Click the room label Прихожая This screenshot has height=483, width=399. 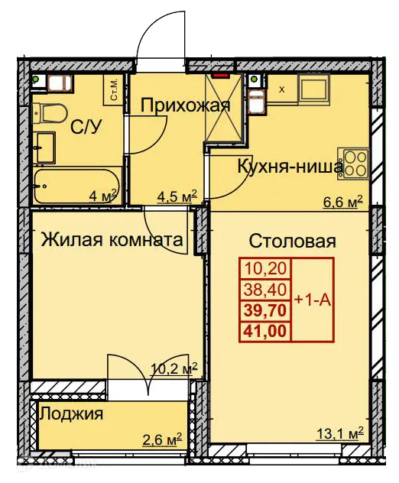tap(185, 105)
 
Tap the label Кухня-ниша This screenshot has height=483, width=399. tap(289, 166)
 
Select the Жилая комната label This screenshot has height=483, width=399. tap(112, 240)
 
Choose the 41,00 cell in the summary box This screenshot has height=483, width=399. tap(262, 330)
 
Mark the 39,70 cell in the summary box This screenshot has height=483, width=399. tap(262, 310)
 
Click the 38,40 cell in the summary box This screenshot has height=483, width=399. tap(262, 290)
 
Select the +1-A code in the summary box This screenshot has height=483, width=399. tap(312, 300)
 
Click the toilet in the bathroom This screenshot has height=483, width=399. tap(50, 113)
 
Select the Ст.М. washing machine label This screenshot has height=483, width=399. tap(113, 90)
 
